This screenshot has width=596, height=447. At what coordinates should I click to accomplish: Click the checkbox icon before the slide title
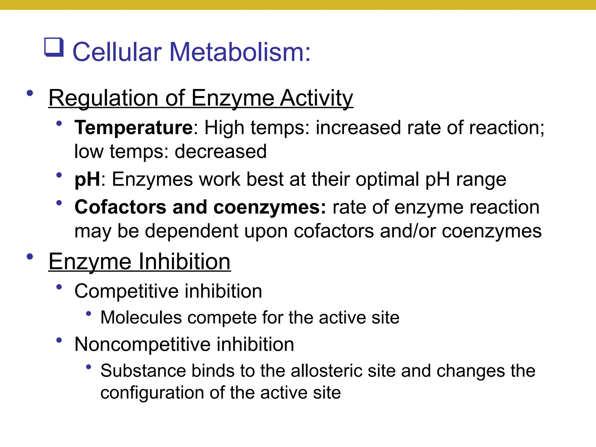[54, 47]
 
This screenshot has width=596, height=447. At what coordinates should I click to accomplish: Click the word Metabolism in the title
[236, 52]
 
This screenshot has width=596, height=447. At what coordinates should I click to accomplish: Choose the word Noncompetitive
[142, 344]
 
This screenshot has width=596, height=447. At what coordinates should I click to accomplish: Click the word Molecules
[141, 317]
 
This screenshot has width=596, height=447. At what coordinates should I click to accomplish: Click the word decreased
[221, 151]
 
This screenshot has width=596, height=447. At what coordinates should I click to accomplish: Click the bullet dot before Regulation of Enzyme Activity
[30, 93]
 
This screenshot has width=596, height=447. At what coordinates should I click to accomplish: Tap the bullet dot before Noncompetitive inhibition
[59, 340]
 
